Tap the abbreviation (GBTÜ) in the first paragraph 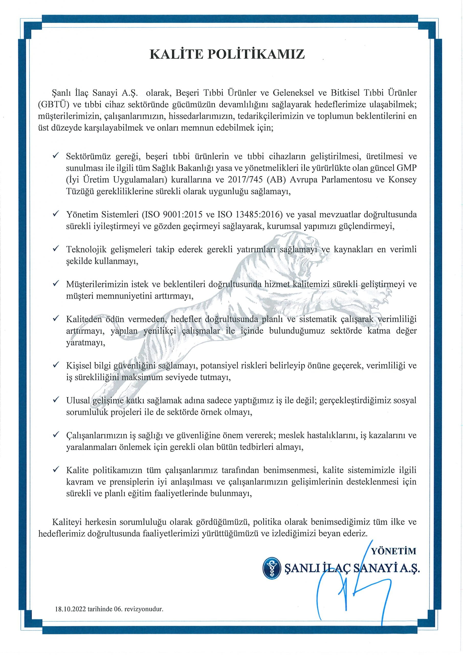coord(54,104)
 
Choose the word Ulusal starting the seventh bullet coord(78,400)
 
